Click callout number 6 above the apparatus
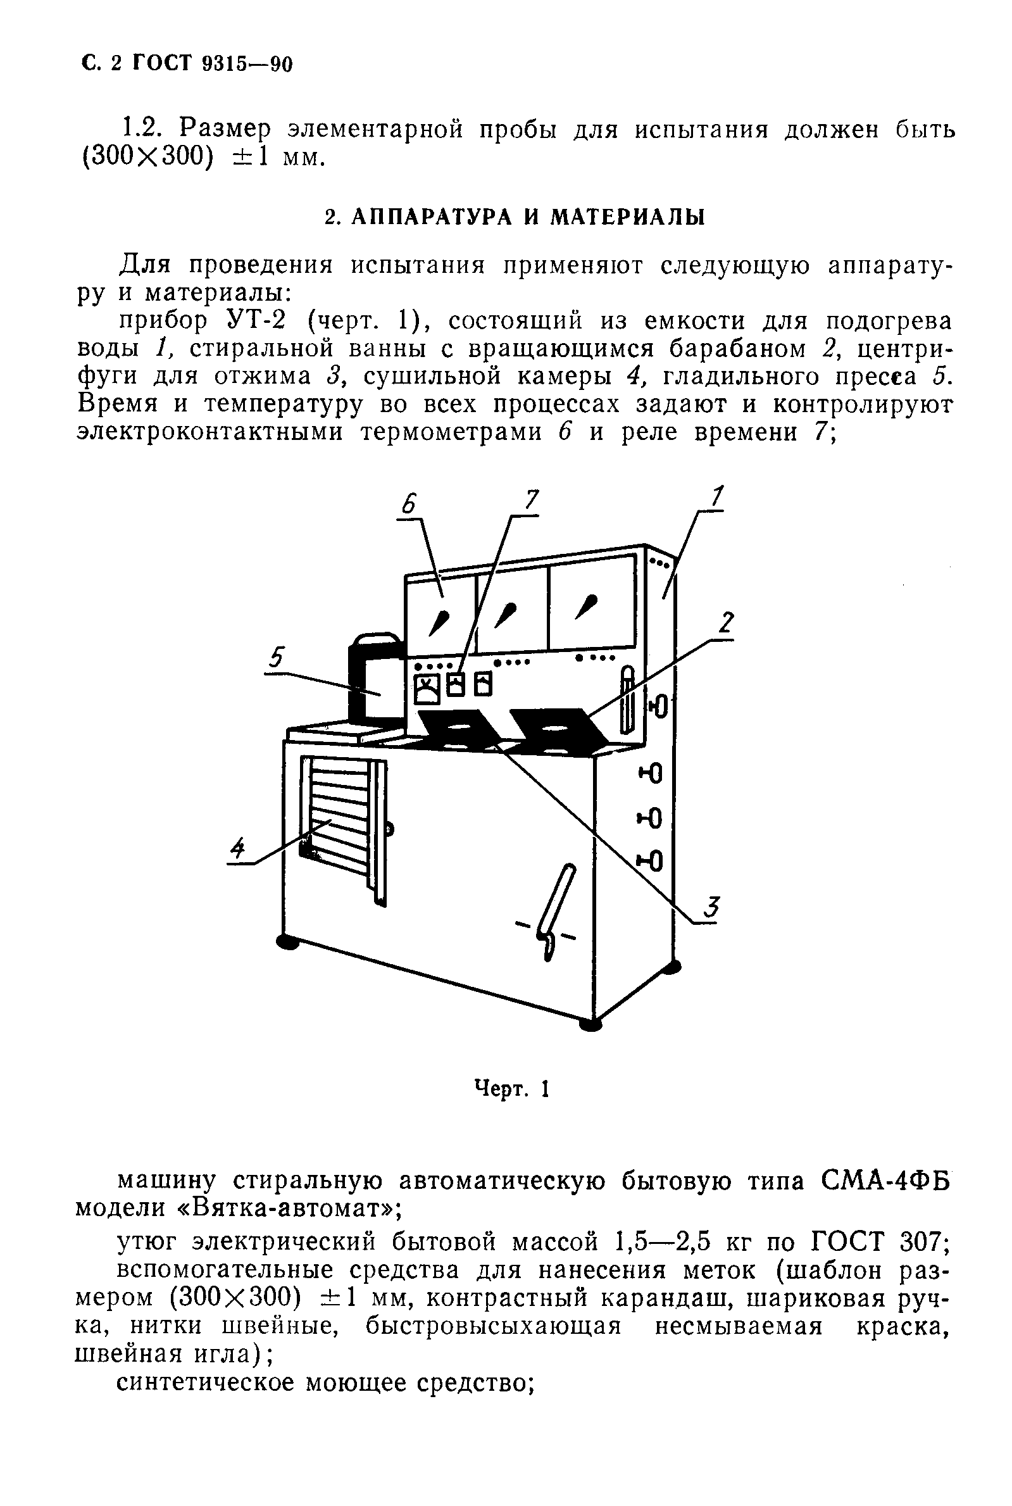pos(409,503)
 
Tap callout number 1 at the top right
pos(716,497)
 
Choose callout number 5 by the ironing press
pos(276,658)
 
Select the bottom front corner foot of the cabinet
pos(591,1024)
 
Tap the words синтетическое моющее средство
pos(325,1383)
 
